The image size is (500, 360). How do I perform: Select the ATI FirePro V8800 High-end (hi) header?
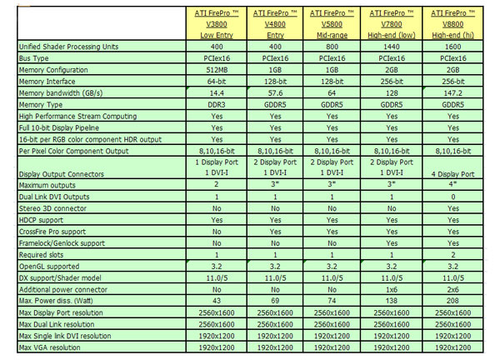tap(452, 24)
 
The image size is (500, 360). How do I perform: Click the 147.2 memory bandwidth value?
tap(452, 97)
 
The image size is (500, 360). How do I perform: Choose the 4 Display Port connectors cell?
tap(452, 172)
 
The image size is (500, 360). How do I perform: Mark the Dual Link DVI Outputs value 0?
tap(452, 196)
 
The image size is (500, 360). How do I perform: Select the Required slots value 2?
tap(452, 253)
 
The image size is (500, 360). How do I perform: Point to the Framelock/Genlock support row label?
tap(59, 242)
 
